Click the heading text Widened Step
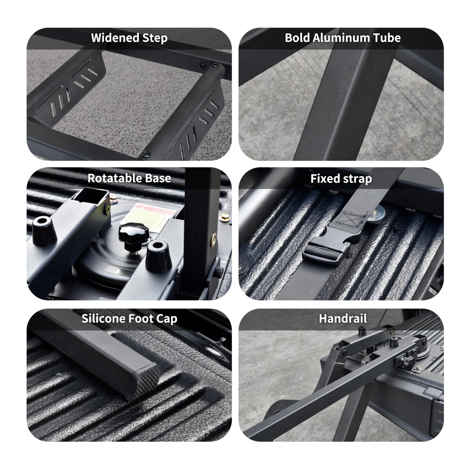pos(129,38)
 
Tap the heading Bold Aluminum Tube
pos(343,38)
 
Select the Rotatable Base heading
pos(129,178)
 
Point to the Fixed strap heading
pos(341,179)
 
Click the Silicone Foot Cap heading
pos(129,319)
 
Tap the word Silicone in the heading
pos(103,319)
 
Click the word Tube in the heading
pos(387,38)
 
